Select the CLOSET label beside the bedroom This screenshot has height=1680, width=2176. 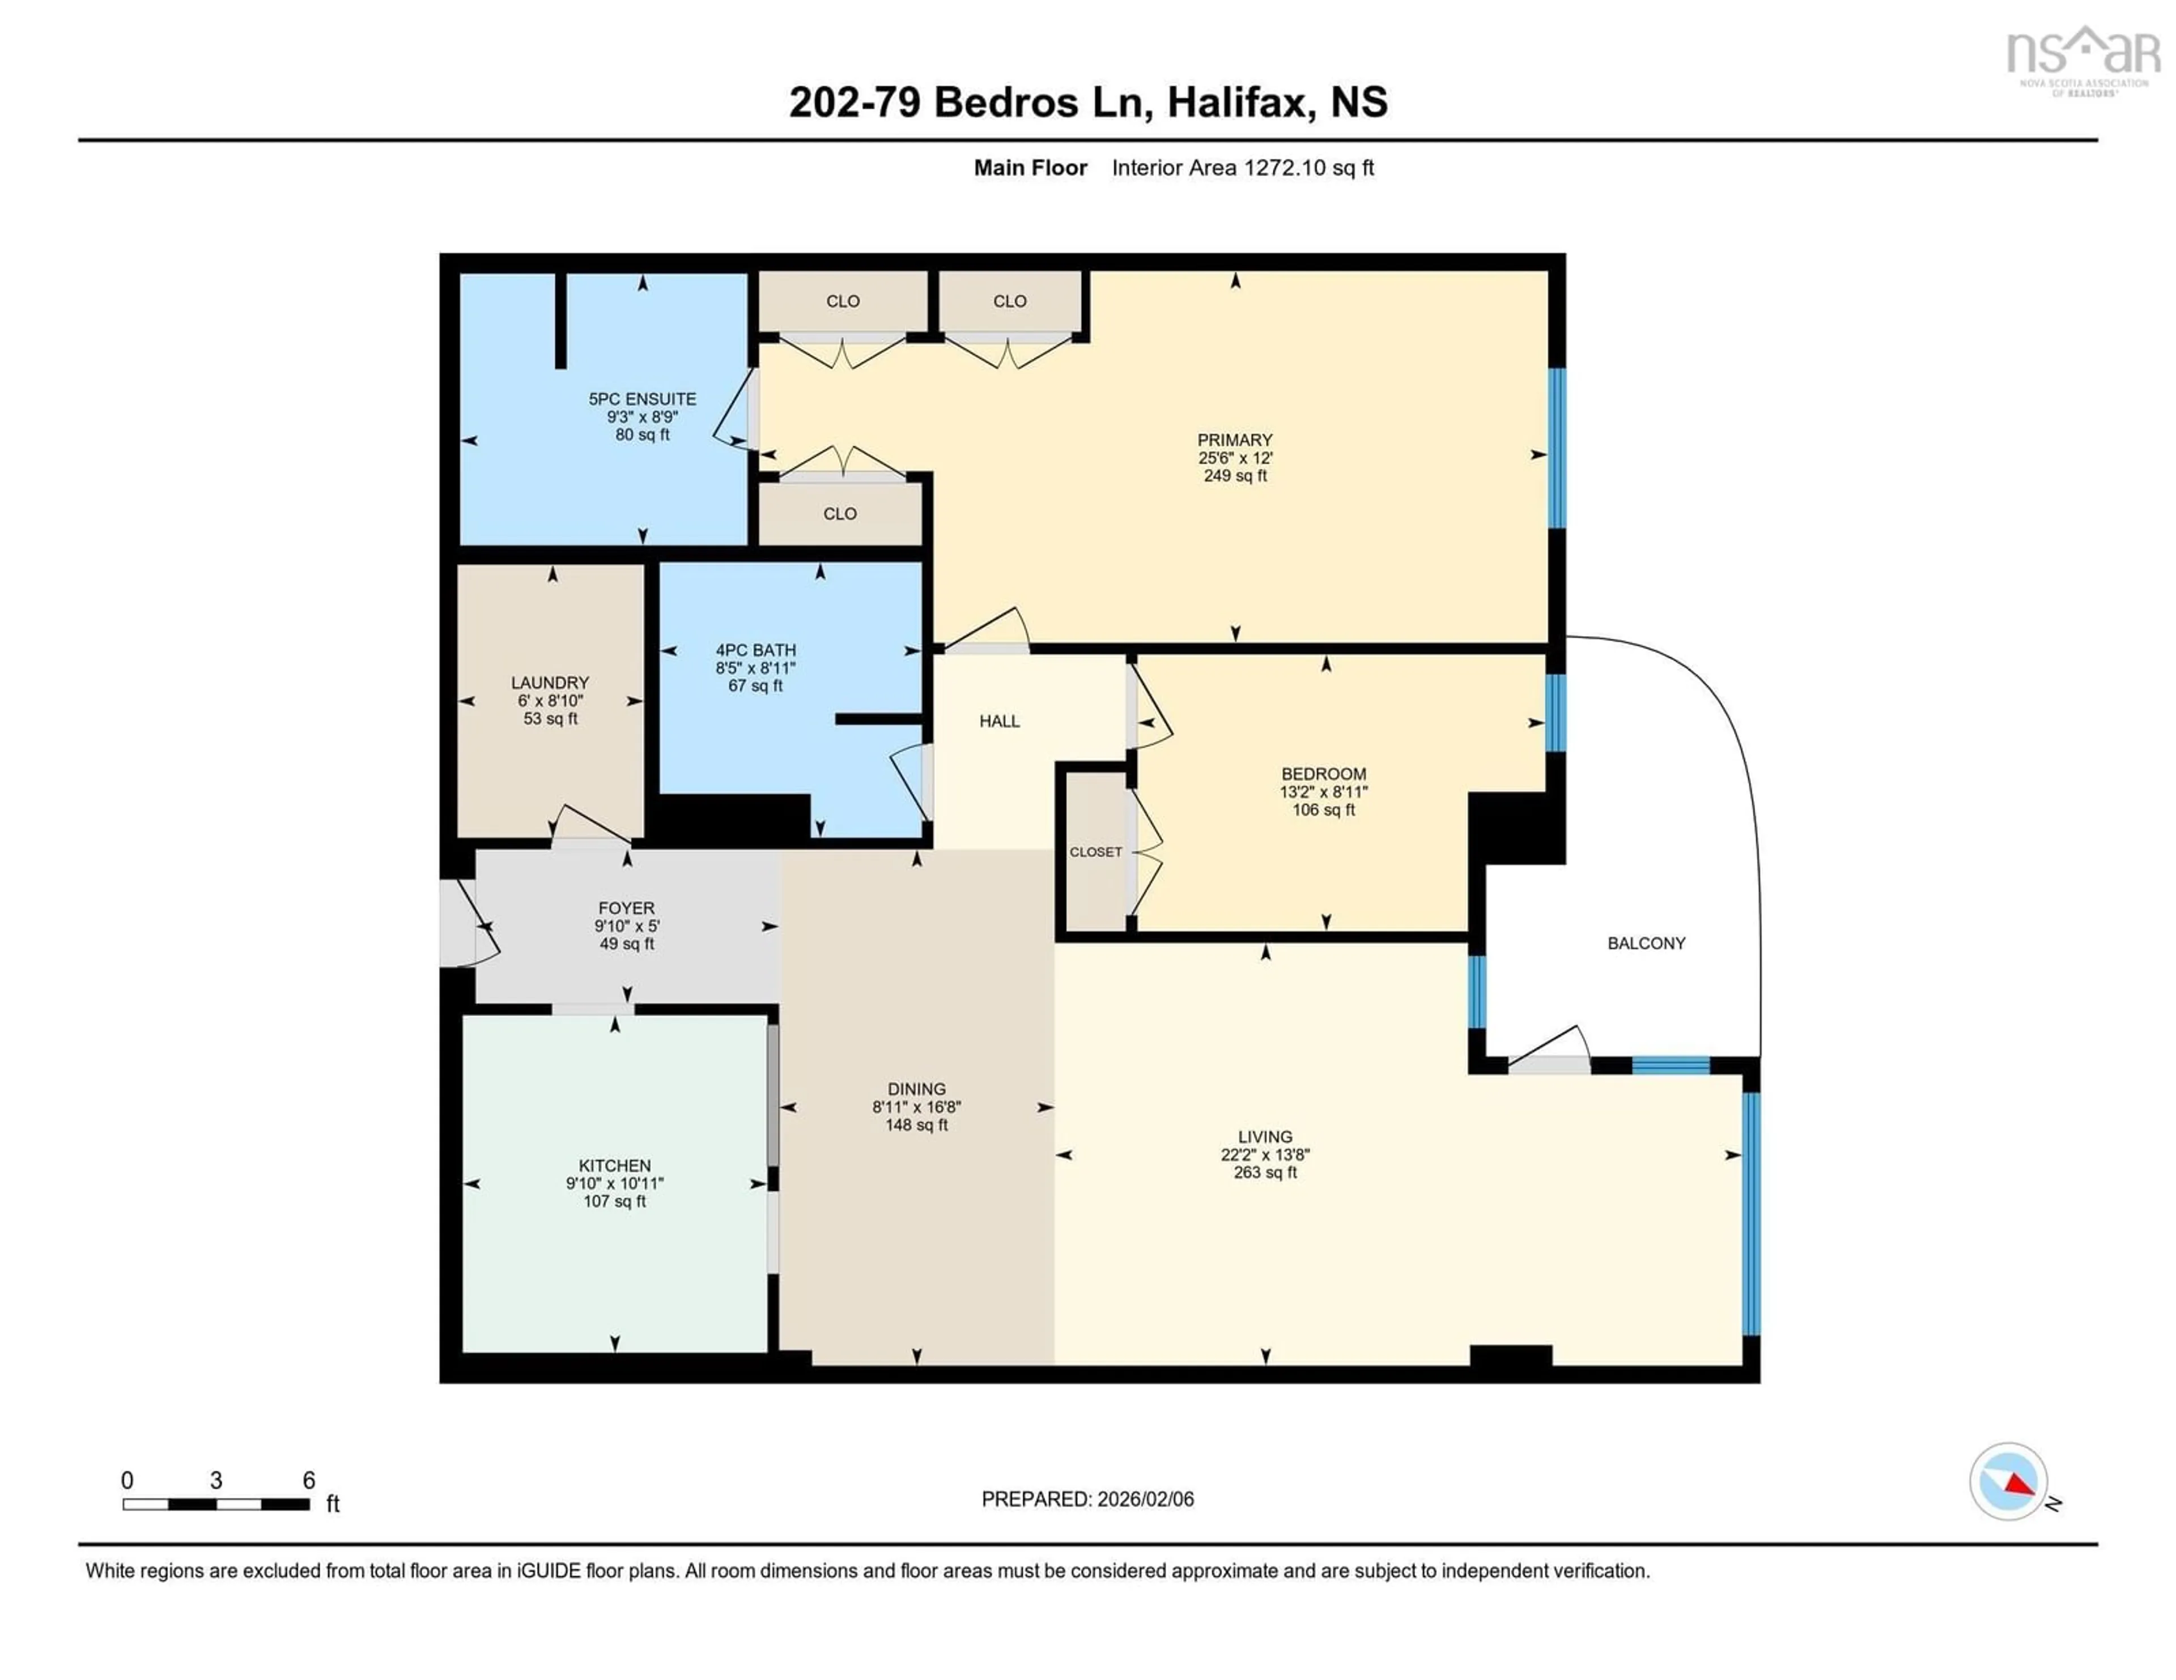click(x=1095, y=852)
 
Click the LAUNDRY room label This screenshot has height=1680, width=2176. click(x=550, y=682)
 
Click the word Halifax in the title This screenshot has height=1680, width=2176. click(x=1236, y=103)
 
